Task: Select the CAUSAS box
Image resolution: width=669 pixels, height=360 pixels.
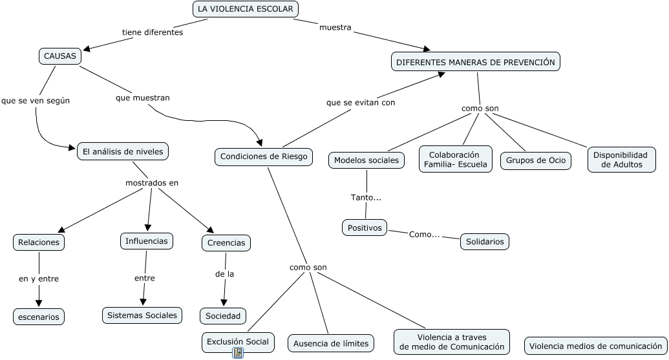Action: [x=59, y=56]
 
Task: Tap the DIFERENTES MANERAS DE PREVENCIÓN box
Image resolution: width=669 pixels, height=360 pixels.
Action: [x=476, y=62]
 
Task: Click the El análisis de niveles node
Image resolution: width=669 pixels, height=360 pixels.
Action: [x=123, y=151]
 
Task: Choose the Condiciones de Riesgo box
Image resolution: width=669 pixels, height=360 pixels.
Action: [x=264, y=156]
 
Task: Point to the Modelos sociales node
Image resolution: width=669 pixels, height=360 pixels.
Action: [x=366, y=160]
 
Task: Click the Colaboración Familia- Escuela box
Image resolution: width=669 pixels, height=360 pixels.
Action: [x=455, y=160]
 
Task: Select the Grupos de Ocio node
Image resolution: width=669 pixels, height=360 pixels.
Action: [x=536, y=160]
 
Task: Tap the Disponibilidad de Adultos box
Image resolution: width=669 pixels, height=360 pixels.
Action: [x=621, y=160]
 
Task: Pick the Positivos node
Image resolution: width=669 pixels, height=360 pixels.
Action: [x=365, y=228]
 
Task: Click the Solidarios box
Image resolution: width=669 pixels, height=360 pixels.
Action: [x=485, y=242]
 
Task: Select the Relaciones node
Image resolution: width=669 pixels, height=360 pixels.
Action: [x=39, y=242]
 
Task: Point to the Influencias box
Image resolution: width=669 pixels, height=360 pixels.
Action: [x=147, y=241]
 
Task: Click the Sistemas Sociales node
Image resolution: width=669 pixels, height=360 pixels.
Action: [x=142, y=315]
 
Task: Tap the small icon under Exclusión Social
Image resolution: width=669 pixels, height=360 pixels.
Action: [x=238, y=352]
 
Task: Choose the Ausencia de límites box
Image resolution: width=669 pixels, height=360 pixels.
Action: [x=331, y=343]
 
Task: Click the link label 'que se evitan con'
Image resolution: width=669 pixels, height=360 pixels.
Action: [x=361, y=102]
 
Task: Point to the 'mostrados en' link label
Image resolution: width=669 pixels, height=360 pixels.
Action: [x=152, y=183]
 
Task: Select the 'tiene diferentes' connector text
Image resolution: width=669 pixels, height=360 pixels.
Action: [x=153, y=32]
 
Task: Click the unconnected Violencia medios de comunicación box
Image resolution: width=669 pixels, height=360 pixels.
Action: [x=596, y=346]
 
